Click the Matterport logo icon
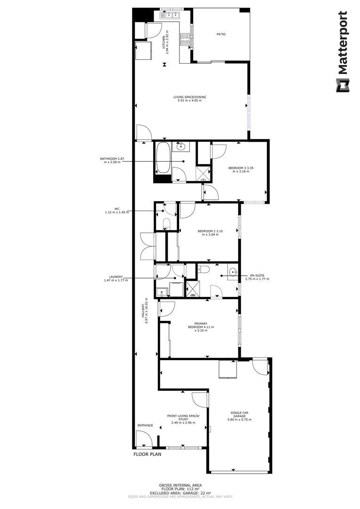pyautogui.click(x=342, y=85)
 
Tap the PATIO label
pyautogui.click(x=221, y=34)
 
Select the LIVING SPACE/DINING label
pyautogui.click(x=189, y=99)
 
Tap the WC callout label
pyautogui.click(x=116, y=211)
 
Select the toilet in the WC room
pyautogui.click(x=166, y=222)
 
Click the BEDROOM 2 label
pyautogui.click(x=210, y=232)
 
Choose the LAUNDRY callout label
pyautogui.click(x=115, y=279)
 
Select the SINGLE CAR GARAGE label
pyautogui.click(x=239, y=416)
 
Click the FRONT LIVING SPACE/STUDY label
pyautogui.click(x=183, y=419)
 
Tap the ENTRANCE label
pyautogui.click(x=145, y=426)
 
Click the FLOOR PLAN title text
pyautogui.click(x=147, y=455)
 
